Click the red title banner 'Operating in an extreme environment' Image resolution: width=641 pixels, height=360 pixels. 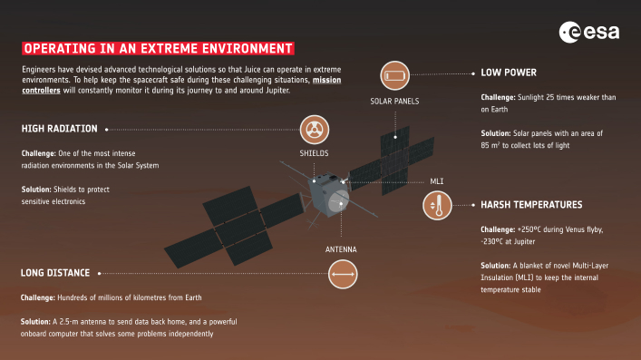(159, 47)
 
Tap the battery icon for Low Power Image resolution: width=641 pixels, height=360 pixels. (395, 73)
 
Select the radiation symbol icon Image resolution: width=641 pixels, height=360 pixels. (314, 127)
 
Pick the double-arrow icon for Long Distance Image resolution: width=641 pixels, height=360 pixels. (342, 272)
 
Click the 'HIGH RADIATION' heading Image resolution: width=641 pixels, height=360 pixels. (59, 129)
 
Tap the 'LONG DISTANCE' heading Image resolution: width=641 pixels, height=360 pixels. (55, 272)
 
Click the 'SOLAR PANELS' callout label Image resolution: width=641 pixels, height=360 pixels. (394, 101)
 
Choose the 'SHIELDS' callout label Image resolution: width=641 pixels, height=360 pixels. (314, 154)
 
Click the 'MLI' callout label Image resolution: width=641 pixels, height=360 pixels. (437, 181)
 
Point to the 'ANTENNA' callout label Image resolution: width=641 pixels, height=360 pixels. (341, 248)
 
